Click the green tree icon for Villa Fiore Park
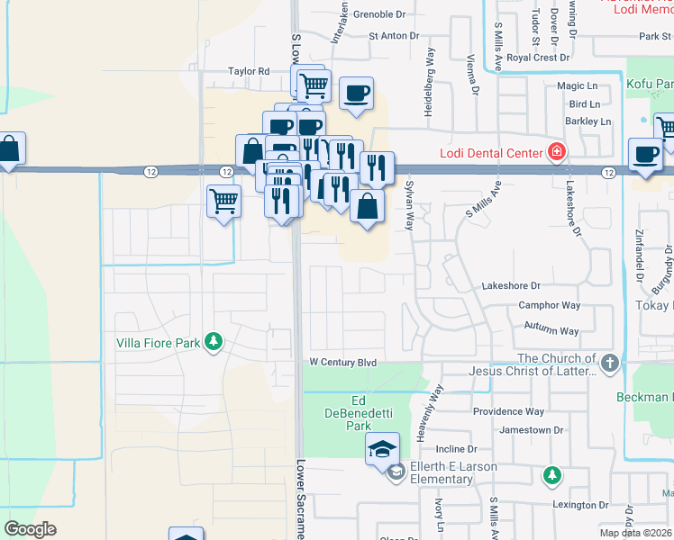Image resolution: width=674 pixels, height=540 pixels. click(x=214, y=341)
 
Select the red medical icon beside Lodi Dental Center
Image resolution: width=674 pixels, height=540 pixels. click(x=558, y=151)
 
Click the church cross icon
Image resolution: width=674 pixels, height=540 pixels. click(x=610, y=364)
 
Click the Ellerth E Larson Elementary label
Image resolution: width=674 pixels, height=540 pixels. click(x=441, y=472)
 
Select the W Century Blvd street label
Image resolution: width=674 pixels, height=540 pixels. click(x=342, y=363)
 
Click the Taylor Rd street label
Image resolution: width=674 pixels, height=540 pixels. click(x=249, y=71)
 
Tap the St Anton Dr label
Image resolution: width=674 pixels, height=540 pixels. click(x=394, y=36)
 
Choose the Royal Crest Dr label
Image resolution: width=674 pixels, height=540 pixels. click(x=538, y=57)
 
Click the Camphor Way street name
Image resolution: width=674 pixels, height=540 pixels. click(x=549, y=306)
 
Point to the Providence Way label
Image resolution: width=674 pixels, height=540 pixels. click(x=508, y=411)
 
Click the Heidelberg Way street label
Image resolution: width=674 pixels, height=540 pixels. click(x=430, y=82)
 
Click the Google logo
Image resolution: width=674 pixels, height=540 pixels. click(x=30, y=529)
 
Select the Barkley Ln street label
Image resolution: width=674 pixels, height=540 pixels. click(x=587, y=121)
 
